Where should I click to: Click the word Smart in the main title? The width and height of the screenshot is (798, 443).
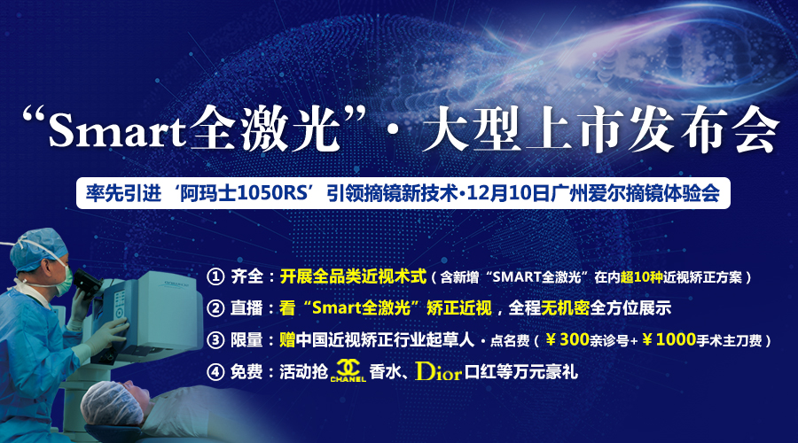click(x=116, y=130)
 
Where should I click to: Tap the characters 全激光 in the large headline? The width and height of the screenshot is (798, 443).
click(x=265, y=128)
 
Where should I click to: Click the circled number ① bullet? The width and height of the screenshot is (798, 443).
click(x=215, y=276)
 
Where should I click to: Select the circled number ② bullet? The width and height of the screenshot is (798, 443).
click(x=215, y=308)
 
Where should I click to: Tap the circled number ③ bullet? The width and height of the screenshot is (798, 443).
click(x=215, y=339)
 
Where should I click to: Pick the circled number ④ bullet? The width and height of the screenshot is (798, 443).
click(x=215, y=372)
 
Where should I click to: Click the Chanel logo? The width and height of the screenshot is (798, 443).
click(x=348, y=370)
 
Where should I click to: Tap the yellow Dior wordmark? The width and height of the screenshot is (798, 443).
click(x=438, y=372)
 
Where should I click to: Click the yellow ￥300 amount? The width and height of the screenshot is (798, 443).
click(x=567, y=339)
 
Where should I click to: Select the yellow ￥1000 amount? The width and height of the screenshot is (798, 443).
click(x=669, y=339)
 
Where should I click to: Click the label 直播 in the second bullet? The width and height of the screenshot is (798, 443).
click(x=246, y=308)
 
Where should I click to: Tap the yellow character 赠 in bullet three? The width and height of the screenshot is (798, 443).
click(x=287, y=339)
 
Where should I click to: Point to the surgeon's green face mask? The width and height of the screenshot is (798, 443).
click(x=63, y=281)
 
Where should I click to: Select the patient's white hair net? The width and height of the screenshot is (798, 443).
click(x=113, y=403)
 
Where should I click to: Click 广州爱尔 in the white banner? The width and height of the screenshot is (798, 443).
click(x=588, y=193)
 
